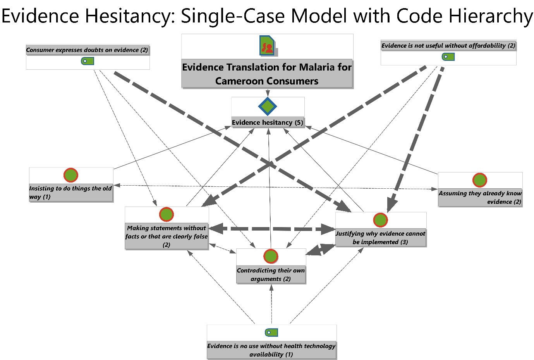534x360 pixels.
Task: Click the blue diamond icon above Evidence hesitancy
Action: point(268,107)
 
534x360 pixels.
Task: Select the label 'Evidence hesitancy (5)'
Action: point(267,122)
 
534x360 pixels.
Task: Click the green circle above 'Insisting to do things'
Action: point(71,175)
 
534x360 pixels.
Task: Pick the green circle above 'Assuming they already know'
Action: point(480,180)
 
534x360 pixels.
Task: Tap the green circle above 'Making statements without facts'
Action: point(167,214)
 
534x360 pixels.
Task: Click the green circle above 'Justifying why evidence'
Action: point(380,220)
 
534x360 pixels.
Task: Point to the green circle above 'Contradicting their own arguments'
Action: point(271,256)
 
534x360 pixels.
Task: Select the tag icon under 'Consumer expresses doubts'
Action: point(88,61)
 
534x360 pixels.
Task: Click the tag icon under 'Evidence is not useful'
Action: point(448,57)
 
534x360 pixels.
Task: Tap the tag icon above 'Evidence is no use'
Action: point(271,332)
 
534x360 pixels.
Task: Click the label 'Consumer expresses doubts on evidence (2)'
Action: point(87,50)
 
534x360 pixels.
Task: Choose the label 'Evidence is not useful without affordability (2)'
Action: point(448,46)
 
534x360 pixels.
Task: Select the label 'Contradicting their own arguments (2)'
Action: point(271,274)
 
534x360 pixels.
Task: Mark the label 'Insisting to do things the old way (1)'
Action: point(70,193)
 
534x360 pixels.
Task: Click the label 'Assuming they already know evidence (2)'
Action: point(480,197)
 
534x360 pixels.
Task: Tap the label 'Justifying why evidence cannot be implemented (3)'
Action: point(380,238)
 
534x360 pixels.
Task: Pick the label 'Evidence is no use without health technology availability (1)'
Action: point(271,350)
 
